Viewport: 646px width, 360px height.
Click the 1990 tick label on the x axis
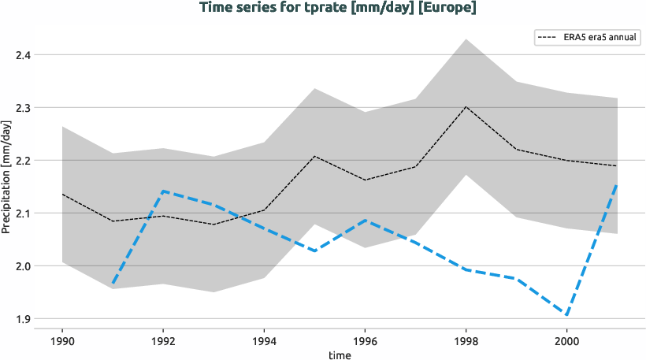pos(62,341)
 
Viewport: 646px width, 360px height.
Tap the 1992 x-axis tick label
pos(163,341)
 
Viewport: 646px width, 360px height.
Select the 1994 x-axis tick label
pos(264,341)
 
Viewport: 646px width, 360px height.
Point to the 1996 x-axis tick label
pos(365,341)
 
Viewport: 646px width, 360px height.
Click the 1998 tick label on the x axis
pos(466,341)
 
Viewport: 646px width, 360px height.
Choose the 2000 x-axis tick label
pos(566,341)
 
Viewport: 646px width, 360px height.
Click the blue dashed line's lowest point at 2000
pos(566,315)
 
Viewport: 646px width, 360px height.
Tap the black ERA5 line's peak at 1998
pos(466,106)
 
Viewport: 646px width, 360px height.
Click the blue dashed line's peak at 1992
pos(163,191)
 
